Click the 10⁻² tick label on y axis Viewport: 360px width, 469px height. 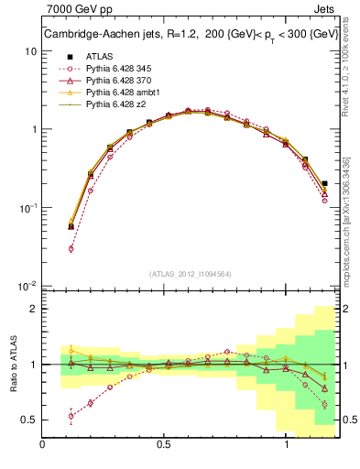[x=27, y=286]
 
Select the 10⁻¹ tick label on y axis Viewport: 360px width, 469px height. [x=27, y=208]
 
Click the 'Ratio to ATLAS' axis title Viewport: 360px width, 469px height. [x=11, y=365]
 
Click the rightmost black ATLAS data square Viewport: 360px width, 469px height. [x=325, y=183]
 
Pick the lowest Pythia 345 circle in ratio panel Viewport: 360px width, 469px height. [x=71, y=416]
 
